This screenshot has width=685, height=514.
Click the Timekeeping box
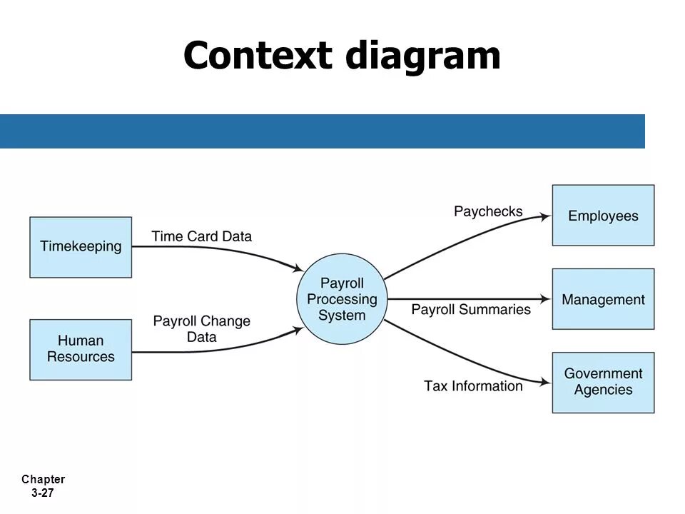(x=81, y=247)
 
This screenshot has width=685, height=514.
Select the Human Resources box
(x=81, y=349)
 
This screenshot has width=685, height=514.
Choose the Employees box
(x=603, y=216)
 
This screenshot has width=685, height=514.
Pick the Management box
(x=603, y=299)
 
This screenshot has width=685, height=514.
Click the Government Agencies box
(x=603, y=382)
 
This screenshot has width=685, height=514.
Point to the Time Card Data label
(x=201, y=236)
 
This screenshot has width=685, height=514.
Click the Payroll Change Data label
(x=201, y=329)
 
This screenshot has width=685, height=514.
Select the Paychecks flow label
(x=488, y=211)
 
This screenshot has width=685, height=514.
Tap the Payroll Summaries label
(x=471, y=309)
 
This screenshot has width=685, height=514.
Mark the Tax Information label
(x=473, y=385)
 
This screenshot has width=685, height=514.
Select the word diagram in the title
(x=423, y=57)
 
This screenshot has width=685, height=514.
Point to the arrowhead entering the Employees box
(x=546, y=215)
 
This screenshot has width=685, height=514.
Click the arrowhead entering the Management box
(x=546, y=299)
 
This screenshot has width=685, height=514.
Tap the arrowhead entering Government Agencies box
(x=546, y=383)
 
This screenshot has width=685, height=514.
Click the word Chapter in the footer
(x=43, y=480)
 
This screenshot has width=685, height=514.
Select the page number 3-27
(x=43, y=493)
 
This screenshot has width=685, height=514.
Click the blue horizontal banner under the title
(x=321, y=131)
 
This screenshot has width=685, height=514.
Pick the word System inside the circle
(x=342, y=316)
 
